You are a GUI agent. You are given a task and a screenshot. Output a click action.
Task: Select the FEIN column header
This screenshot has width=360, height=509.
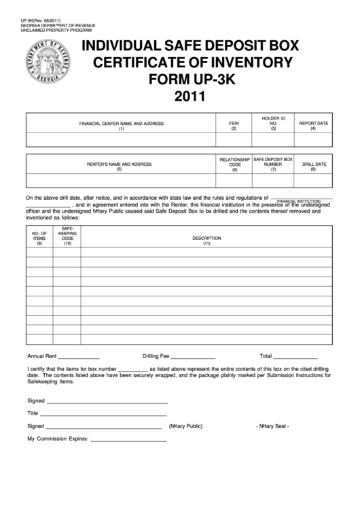click(x=234, y=126)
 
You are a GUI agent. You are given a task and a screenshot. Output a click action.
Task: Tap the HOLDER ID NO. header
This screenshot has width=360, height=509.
click(x=274, y=123)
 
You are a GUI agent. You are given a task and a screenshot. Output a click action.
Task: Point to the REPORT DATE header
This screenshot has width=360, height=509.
click(x=313, y=126)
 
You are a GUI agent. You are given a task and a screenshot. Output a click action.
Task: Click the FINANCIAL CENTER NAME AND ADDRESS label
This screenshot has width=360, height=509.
click(x=121, y=126)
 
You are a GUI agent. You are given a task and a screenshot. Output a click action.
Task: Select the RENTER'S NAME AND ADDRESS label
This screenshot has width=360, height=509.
click(x=119, y=166)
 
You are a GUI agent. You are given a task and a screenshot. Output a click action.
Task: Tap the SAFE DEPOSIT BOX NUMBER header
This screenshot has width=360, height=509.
click(x=273, y=164)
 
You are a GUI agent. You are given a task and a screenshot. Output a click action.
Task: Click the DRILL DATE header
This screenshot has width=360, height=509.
click(x=314, y=166)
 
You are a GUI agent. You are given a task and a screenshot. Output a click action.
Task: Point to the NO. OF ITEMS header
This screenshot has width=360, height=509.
click(x=39, y=237)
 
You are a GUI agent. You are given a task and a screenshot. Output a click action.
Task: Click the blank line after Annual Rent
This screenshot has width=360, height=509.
click(x=79, y=357)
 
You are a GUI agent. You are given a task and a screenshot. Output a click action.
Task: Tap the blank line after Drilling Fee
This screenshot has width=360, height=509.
click(x=193, y=357)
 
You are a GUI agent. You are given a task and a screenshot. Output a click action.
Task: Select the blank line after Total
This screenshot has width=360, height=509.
click(x=295, y=357)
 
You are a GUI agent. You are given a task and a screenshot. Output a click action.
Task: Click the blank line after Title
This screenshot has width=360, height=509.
click(x=103, y=415)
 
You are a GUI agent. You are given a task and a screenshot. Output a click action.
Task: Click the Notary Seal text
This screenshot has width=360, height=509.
click(x=272, y=426)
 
